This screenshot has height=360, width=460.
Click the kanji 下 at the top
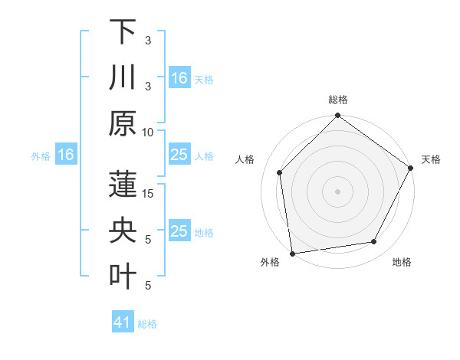point(123,33)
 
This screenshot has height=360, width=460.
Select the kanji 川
point(123,77)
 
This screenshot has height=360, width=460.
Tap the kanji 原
point(123,123)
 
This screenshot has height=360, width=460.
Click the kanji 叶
point(123,275)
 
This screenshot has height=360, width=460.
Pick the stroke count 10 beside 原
point(148,132)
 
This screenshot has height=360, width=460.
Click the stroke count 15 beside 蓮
point(148,194)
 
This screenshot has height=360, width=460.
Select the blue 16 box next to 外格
point(66,155)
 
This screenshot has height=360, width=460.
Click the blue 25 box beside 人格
point(179,155)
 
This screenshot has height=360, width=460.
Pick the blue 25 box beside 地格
point(179,231)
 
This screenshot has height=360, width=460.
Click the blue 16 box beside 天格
point(179,78)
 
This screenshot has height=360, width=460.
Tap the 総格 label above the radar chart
point(337,100)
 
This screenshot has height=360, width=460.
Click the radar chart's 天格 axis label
point(431,159)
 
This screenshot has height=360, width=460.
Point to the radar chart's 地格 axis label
point(402,262)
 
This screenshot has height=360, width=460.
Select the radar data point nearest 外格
point(292,253)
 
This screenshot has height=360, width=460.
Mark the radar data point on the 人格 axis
point(280,172)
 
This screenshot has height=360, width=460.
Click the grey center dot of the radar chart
point(337,191)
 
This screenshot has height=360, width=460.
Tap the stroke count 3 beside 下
point(148,40)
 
